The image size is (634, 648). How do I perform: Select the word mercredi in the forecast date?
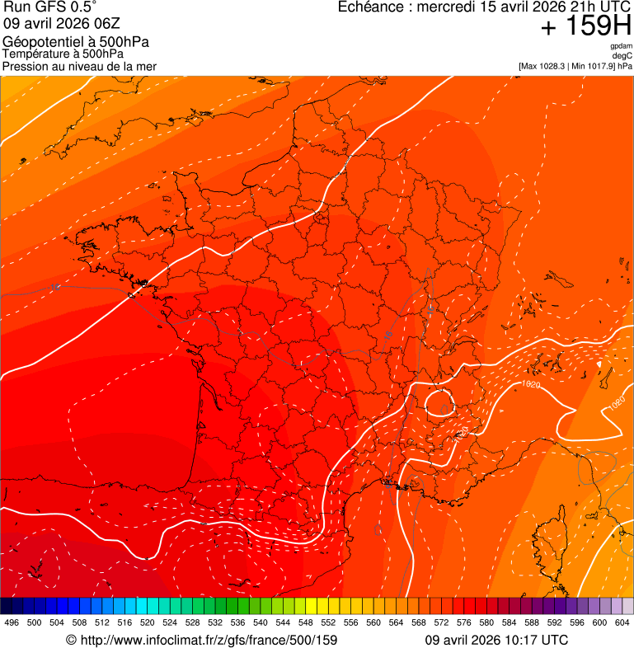(450, 7)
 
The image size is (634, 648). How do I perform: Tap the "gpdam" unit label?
(621, 46)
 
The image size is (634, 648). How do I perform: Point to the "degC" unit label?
(622, 55)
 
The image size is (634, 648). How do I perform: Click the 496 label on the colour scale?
(12, 622)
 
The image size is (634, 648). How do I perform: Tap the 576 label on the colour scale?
(464, 622)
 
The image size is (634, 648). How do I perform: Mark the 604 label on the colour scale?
(622, 622)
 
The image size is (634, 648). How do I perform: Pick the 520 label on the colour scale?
(148, 622)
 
